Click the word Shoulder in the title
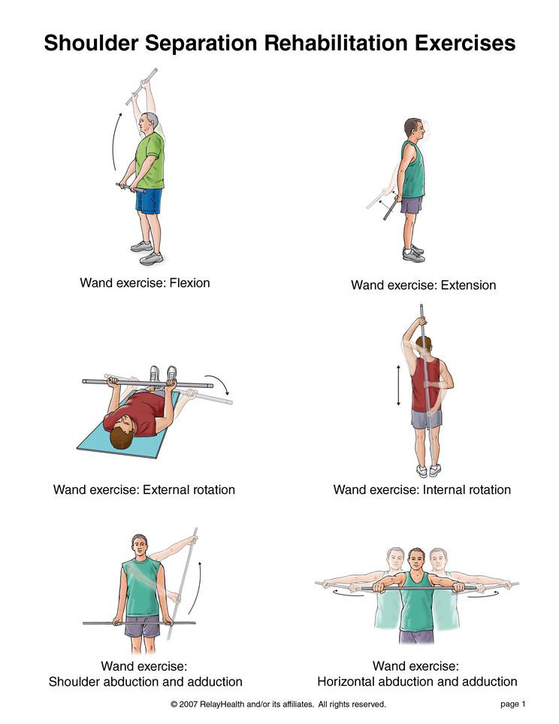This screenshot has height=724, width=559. click(x=92, y=43)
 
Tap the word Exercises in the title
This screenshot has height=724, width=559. click(x=465, y=43)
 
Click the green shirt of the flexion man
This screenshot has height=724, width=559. click(x=150, y=160)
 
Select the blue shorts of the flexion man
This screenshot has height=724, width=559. click(x=149, y=201)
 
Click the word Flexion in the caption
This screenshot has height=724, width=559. click(x=190, y=283)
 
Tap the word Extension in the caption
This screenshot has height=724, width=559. click(x=469, y=285)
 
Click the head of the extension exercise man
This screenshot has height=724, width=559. click(x=413, y=129)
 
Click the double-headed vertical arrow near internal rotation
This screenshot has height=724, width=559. click(x=399, y=385)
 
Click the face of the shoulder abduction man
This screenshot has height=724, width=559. click(x=140, y=548)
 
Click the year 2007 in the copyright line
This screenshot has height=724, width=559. click(x=189, y=704)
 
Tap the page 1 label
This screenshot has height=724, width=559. click(x=513, y=704)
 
